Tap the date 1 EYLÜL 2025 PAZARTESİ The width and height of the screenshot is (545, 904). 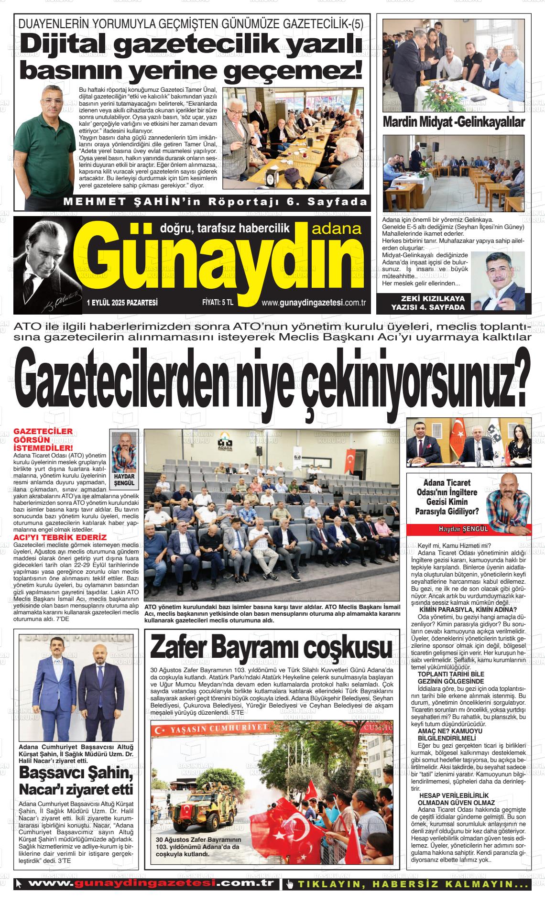(x=122, y=303)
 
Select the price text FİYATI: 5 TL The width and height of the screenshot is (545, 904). (x=218, y=303)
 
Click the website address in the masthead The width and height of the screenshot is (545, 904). (x=314, y=303)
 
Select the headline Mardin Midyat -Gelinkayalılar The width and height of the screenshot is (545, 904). (x=454, y=122)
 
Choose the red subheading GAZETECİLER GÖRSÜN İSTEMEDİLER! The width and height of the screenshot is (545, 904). (x=44, y=439)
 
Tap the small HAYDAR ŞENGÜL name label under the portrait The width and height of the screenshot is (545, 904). (x=124, y=480)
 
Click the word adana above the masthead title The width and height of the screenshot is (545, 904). (x=336, y=229)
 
